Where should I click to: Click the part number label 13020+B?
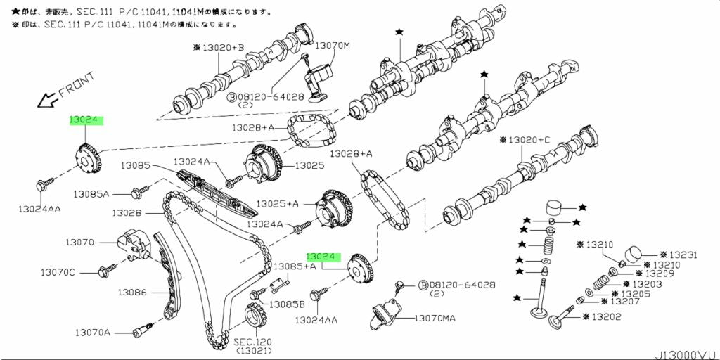click(x=221, y=47)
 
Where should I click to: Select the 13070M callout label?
click(x=331, y=46)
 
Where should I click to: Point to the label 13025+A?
click(x=276, y=203)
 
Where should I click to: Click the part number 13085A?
click(x=93, y=193)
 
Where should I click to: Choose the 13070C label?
click(x=57, y=271)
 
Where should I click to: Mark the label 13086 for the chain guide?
click(x=131, y=292)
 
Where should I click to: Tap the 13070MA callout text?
click(x=434, y=319)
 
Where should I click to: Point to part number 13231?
click(x=681, y=255)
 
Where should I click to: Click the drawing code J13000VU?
click(x=688, y=354)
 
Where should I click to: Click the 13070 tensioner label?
click(x=79, y=242)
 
